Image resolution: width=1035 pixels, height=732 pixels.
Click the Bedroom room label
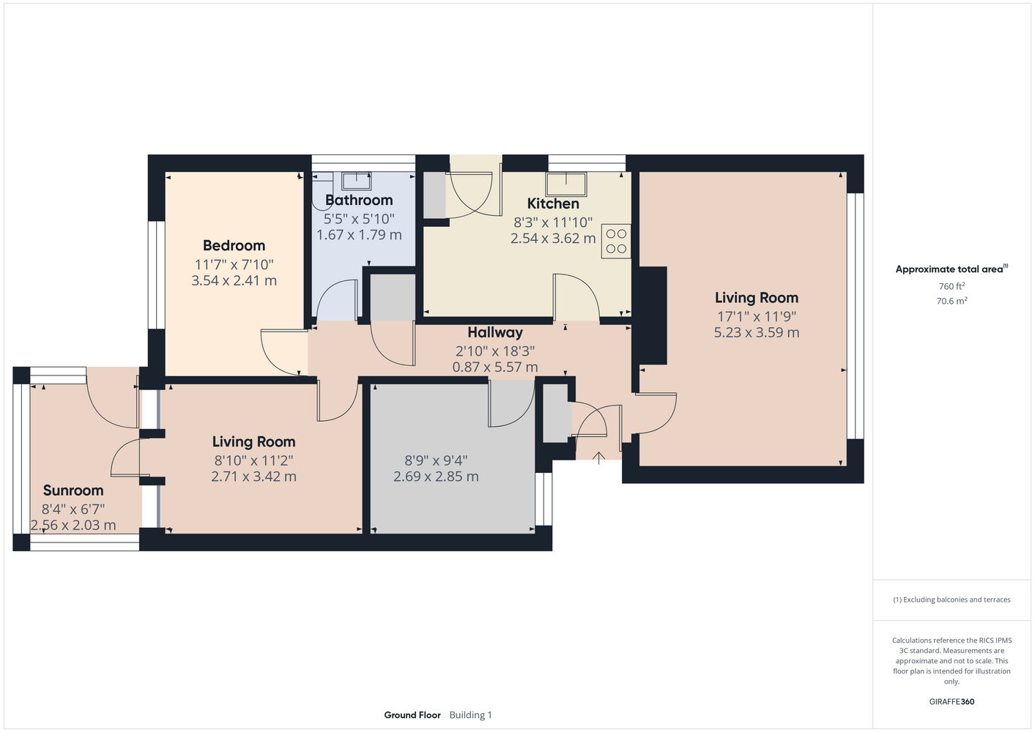pos(234,245)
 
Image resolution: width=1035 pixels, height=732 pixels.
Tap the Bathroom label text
pos(359,200)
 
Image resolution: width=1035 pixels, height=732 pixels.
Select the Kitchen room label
pos(553,203)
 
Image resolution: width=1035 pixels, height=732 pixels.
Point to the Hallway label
pos(495,332)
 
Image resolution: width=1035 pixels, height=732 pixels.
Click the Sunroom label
pos(73,490)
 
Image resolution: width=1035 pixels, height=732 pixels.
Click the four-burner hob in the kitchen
pos(616,241)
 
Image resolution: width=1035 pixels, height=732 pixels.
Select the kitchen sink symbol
pos(566,184)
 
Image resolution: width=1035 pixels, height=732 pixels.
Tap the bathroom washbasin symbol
pos(356,181)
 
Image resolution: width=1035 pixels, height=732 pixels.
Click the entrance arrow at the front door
pos(599,457)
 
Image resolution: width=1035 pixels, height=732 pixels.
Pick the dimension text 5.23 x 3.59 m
pos(757,332)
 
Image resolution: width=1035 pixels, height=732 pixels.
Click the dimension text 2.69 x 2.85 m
pos(436,477)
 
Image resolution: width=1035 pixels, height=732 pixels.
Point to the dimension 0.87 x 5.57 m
pos(495,367)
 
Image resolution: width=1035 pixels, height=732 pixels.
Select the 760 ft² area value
pos(951,286)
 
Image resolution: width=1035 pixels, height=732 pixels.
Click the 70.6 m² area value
pos(951,301)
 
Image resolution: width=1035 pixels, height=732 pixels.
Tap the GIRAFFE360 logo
pos(951,701)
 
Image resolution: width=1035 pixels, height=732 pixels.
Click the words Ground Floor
pos(412,715)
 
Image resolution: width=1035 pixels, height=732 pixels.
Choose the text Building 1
pos(470,715)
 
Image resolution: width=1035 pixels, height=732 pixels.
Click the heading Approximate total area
pos(951,269)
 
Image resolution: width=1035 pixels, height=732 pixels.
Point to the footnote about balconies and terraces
pos(951,600)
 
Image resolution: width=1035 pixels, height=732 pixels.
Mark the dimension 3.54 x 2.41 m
pos(234,281)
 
